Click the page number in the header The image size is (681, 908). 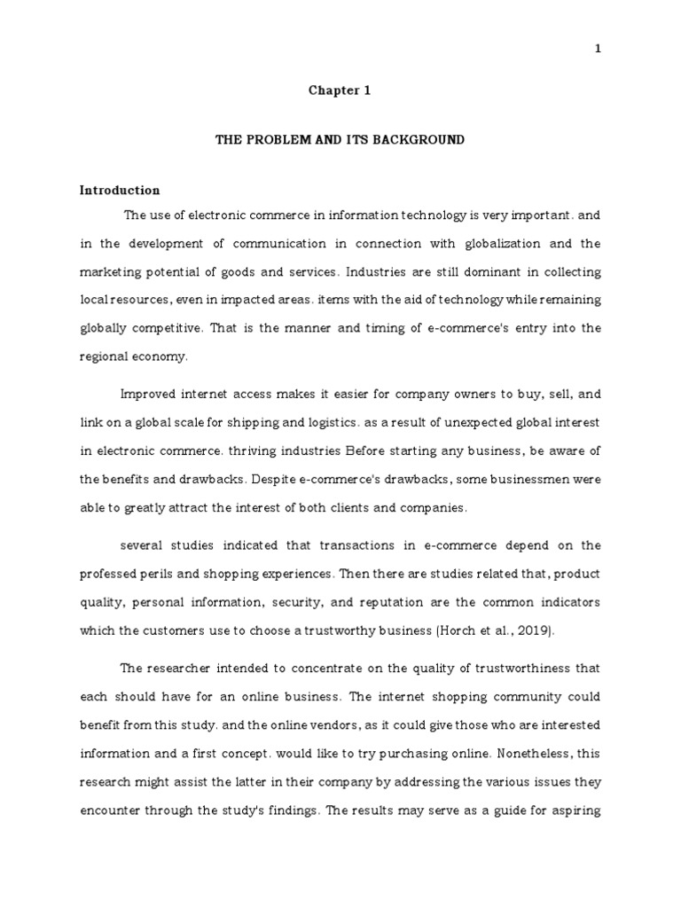pyautogui.click(x=598, y=49)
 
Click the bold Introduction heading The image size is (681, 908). pyautogui.click(x=120, y=190)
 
